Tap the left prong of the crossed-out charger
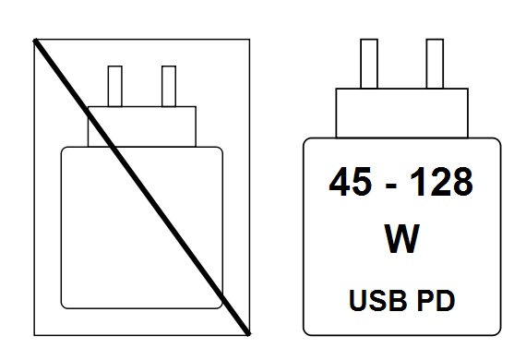[x=115, y=86]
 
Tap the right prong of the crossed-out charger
[x=169, y=86]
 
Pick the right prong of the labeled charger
[x=434, y=64]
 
